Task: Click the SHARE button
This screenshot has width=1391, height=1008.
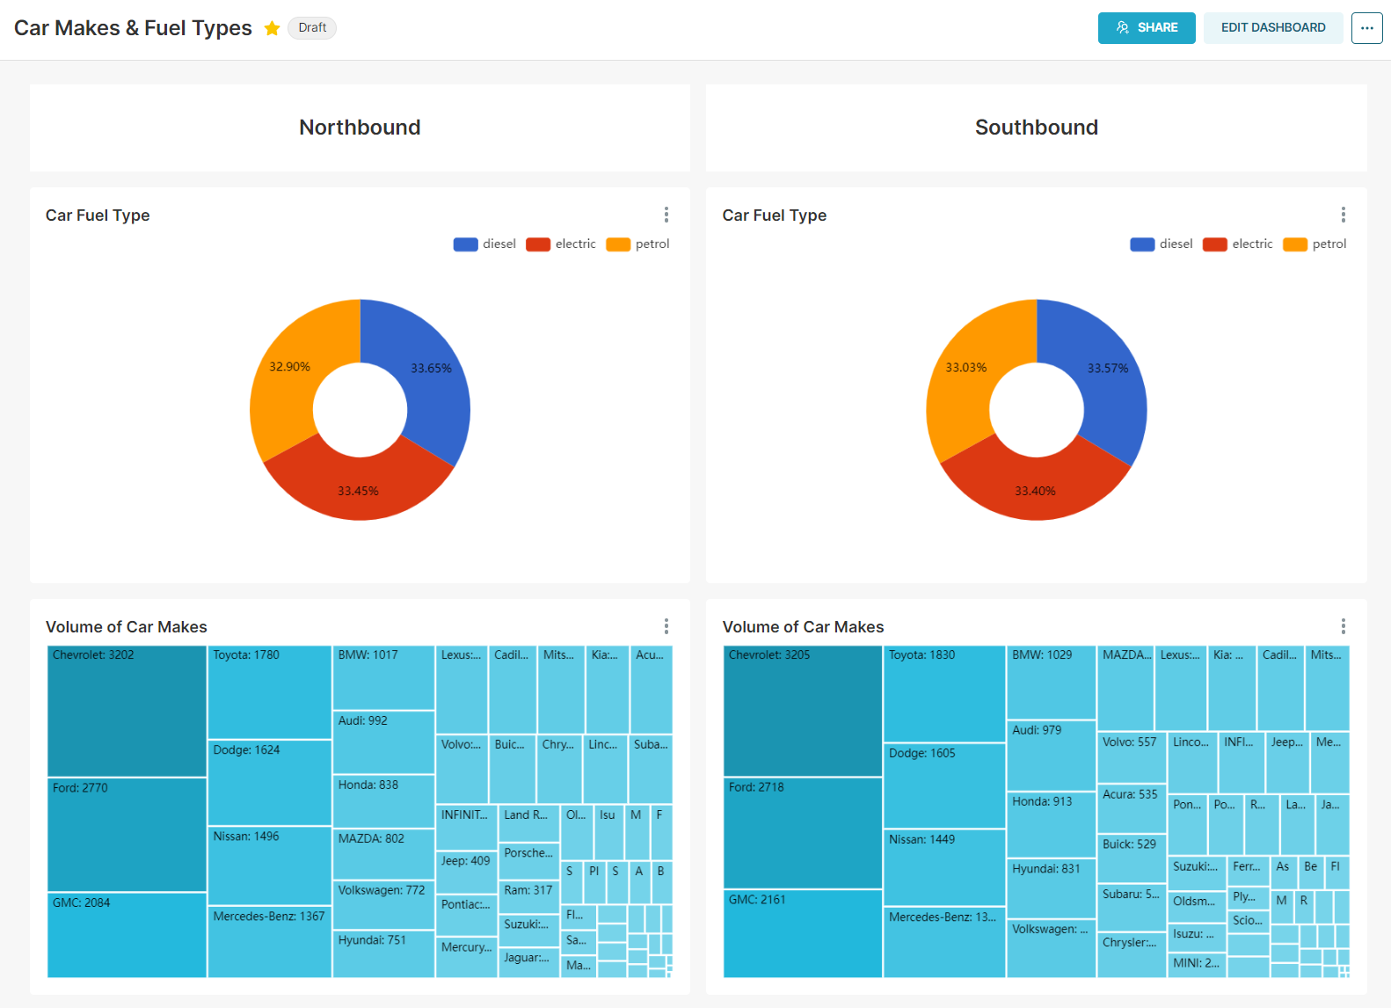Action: pyautogui.click(x=1146, y=27)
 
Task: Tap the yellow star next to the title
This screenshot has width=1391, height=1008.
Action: pyautogui.click(x=273, y=28)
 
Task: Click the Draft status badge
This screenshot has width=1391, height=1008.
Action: pyautogui.click(x=312, y=28)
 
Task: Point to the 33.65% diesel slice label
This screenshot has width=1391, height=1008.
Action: pyautogui.click(x=431, y=369)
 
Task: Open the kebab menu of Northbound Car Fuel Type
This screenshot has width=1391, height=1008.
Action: pyautogui.click(x=666, y=215)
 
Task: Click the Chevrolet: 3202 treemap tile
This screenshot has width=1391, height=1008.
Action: pyautogui.click(x=127, y=711)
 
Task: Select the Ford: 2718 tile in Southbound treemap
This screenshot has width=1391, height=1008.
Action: pyautogui.click(x=802, y=833)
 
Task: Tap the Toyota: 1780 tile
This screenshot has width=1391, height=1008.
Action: pyautogui.click(x=269, y=692)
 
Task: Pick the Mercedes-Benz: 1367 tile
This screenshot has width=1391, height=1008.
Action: pyautogui.click(x=269, y=942)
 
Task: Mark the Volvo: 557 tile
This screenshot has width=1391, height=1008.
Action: pyautogui.click(x=1132, y=757)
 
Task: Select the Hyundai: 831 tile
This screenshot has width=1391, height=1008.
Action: pyautogui.click(x=1050, y=888)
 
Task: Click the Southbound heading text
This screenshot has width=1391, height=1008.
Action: pyautogui.click(x=1036, y=128)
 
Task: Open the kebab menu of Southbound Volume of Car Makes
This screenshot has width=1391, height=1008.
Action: pyautogui.click(x=1343, y=626)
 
